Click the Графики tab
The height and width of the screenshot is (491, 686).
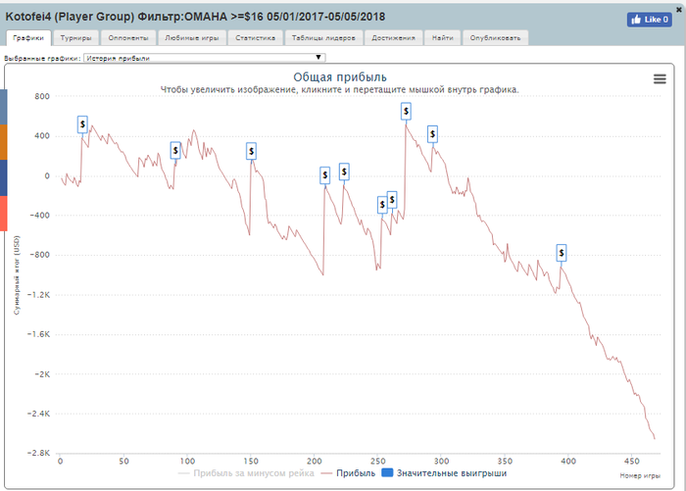[27, 38]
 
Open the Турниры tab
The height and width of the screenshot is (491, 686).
[75, 38]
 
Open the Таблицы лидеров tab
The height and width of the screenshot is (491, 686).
[324, 38]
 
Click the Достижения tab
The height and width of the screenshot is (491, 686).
[392, 38]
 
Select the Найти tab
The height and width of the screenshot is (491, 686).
[441, 38]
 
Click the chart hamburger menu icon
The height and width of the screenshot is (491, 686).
[660, 80]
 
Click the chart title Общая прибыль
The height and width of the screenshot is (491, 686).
[341, 76]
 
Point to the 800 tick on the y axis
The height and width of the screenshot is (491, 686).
[41, 96]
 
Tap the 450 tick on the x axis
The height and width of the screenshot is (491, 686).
[630, 460]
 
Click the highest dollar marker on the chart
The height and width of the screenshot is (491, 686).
[406, 112]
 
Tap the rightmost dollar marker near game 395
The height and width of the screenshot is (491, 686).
[562, 253]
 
